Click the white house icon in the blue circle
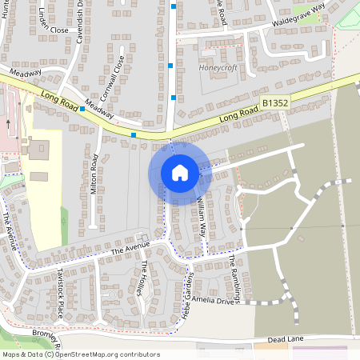[x=180, y=172]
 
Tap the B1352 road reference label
[x=275, y=103]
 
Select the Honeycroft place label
[x=215, y=69]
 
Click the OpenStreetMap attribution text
[x=81, y=354]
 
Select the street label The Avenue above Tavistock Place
[x=129, y=250]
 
